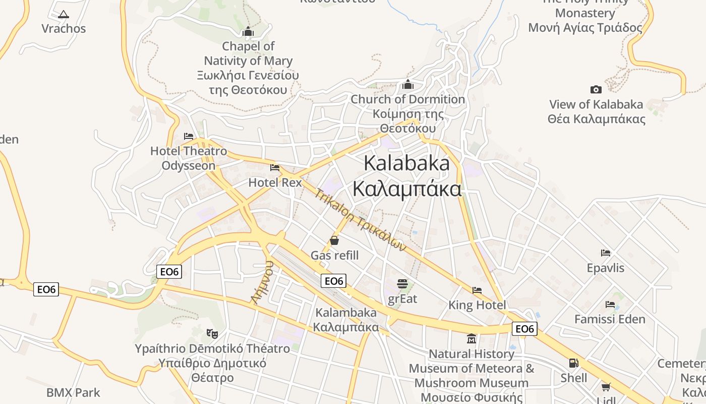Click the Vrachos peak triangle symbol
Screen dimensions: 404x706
click(63, 15)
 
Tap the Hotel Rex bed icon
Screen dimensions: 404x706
click(275, 168)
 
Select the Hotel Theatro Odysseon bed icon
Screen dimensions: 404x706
click(189, 136)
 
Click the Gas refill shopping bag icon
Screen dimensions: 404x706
click(334, 240)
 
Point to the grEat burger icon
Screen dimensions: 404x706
click(402, 284)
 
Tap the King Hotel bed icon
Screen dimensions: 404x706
click(477, 290)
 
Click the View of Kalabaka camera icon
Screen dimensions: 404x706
click(596, 89)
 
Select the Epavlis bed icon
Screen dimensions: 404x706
click(606, 252)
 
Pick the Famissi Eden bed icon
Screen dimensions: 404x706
click(610, 305)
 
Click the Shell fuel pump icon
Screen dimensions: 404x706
click(573, 363)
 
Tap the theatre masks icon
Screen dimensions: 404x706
click(212, 333)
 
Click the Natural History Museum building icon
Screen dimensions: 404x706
click(472, 338)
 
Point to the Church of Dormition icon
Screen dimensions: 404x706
click(408, 84)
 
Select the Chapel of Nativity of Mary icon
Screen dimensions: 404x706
click(248, 31)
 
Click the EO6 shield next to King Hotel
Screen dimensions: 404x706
click(524, 329)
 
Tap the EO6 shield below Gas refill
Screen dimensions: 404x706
click(334, 281)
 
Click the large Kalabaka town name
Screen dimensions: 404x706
click(406, 176)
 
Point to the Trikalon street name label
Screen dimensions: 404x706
click(360, 220)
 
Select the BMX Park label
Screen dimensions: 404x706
click(73, 392)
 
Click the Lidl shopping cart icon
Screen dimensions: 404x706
click(606, 387)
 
